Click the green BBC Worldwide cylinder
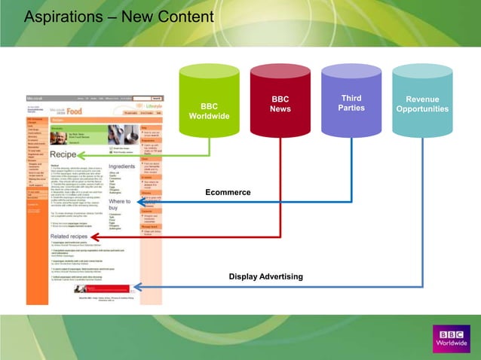point(204,110)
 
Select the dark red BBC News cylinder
point(280,105)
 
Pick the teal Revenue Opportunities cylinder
point(422,105)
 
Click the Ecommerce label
point(227,193)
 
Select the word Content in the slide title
point(188,17)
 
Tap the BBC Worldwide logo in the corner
point(449,336)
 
